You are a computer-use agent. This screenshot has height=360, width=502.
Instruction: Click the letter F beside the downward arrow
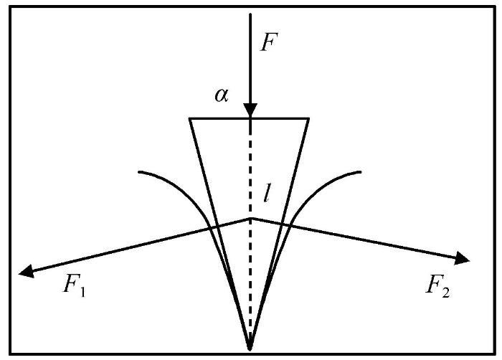click(269, 42)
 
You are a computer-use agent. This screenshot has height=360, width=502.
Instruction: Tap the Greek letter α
click(222, 95)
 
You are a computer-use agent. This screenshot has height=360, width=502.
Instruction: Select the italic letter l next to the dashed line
click(266, 193)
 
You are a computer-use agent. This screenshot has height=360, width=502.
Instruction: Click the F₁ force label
click(75, 285)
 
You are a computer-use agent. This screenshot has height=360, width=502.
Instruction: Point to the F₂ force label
click(437, 286)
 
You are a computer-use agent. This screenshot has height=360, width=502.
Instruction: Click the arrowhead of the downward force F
click(250, 110)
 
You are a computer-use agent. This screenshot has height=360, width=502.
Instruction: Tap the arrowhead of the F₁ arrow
click(27, 272)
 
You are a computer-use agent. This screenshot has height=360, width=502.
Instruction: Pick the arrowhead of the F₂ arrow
click(462, 258)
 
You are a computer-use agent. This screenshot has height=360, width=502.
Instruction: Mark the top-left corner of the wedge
click(189, 119)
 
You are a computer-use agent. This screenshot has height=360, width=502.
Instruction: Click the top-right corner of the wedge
click(308, 119)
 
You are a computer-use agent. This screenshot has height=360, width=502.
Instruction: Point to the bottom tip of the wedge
click(250, 349)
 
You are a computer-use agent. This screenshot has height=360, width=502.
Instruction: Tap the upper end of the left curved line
click(139, 172)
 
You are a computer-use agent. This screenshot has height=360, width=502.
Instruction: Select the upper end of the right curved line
click(361, 172)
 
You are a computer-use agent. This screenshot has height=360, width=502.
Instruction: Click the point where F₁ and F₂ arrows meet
click(251, 219)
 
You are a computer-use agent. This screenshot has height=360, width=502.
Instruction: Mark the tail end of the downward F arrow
click(250, 14)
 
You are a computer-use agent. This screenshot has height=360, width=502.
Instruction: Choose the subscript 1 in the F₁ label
click(82, 292)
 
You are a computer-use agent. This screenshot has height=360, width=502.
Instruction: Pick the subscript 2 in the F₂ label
click(445, 293)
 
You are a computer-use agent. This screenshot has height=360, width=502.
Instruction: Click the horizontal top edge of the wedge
click(249, 119)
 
